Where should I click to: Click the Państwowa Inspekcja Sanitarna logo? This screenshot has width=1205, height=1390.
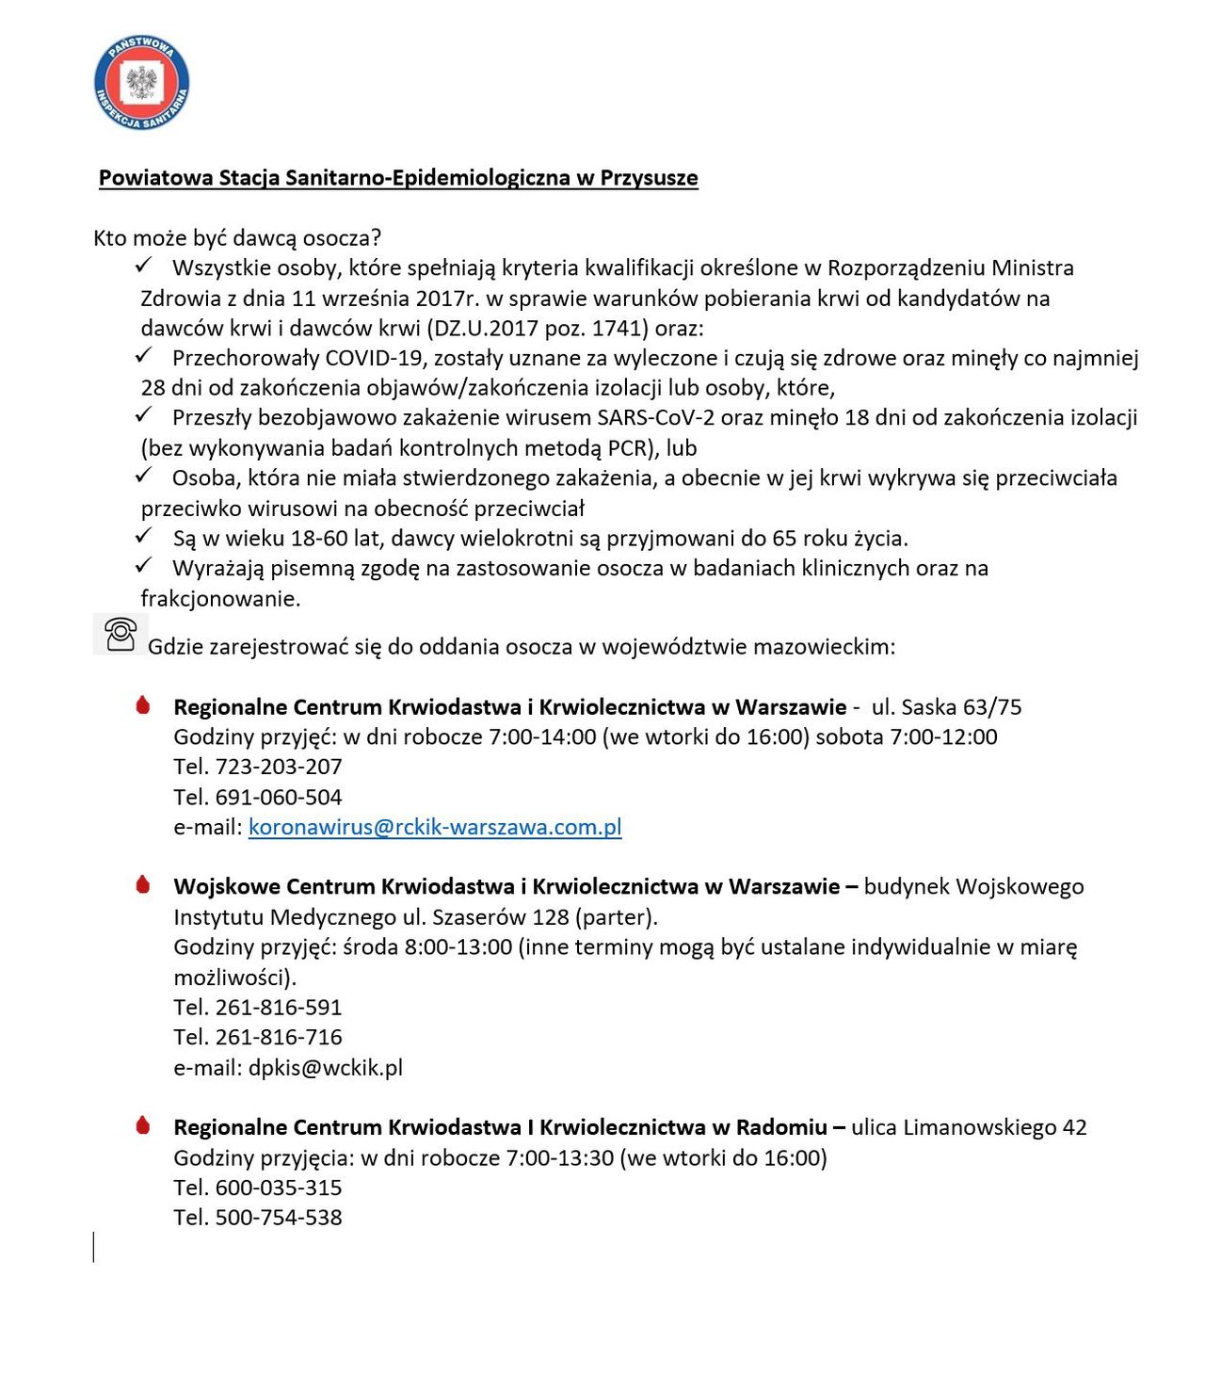142,84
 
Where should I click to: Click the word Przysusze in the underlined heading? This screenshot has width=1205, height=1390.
649,178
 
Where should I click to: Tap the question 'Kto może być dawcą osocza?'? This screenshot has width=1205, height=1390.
237,238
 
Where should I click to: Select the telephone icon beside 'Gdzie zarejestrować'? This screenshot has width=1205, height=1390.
120,634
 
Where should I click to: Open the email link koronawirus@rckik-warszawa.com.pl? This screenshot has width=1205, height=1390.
435,827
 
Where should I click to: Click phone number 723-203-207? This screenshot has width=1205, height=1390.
279,767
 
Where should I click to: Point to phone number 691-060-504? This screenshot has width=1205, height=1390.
279,797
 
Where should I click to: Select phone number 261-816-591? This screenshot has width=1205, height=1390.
279,1007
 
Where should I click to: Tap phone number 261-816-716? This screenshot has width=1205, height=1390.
279,1037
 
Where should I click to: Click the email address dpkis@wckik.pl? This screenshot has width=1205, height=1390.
326,1067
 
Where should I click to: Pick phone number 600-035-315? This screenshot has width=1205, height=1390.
279,1188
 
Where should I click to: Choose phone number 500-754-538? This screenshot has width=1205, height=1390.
279,1218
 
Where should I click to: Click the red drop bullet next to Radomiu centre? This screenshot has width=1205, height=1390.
143,1125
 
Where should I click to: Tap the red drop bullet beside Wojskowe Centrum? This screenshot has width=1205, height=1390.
143,884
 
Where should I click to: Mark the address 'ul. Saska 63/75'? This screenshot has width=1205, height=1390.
946,707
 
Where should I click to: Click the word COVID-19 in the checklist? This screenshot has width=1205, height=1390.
375,358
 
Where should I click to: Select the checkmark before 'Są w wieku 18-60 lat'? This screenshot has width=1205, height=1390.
144,537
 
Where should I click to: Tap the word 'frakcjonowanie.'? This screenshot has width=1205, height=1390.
220,599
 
